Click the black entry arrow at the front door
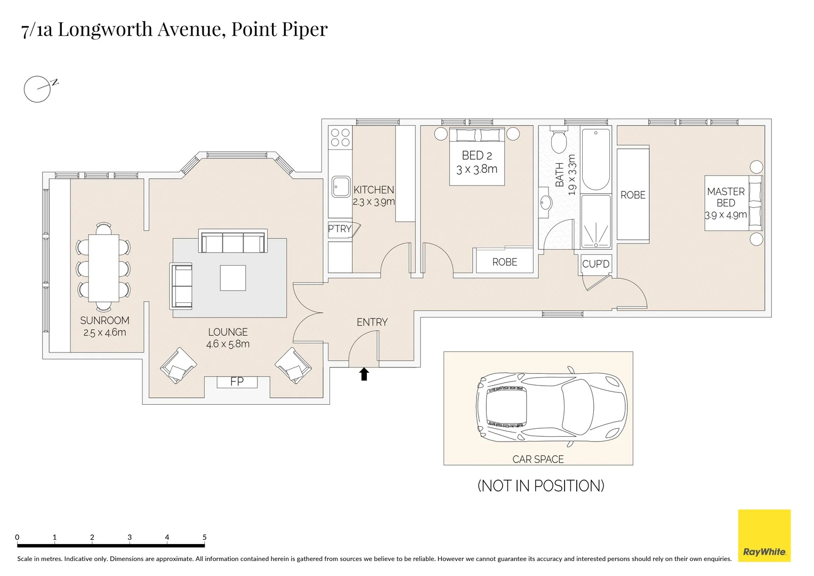click(364, 374)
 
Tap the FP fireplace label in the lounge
click(237, 382)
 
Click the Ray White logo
click(764, 535)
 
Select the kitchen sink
click(340, 187)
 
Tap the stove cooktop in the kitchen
click(340, 137)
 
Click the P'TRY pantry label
click(340, 229)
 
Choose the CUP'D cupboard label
click(595, 264)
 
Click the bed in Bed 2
click(477, 157)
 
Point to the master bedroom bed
click(733, 203)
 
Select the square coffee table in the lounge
click(233, 278)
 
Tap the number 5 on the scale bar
click(205, 537)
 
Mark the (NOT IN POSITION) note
click(541, 486)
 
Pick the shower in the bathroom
click(595, 221)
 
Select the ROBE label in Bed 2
click(504, 262)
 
